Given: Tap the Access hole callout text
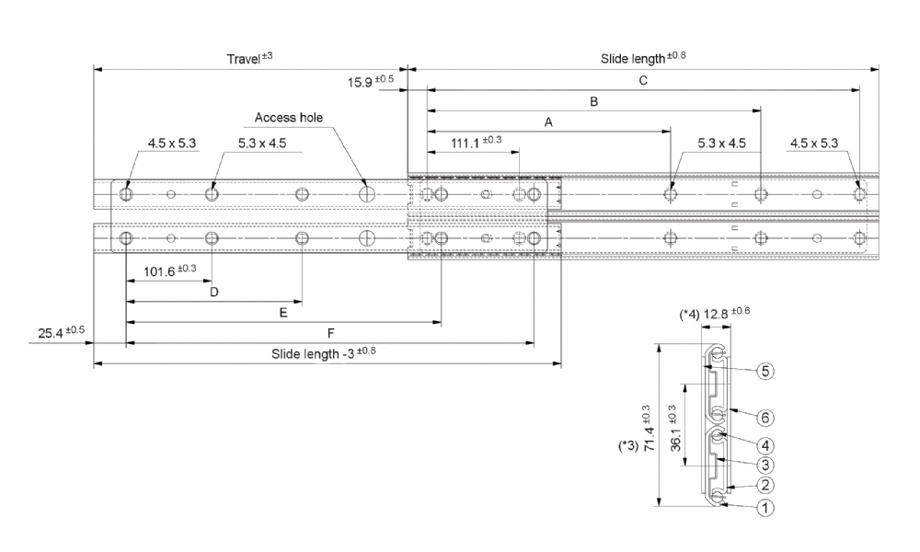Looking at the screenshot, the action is point(289,118).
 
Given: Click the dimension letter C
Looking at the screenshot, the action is point(643,80).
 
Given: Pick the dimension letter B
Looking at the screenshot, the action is point(593,101).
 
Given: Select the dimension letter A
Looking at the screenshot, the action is point(548,122).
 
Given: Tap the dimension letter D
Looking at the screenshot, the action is point(214,292).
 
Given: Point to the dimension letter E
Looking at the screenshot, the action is point(283,313).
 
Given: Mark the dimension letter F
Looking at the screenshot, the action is point(331,333).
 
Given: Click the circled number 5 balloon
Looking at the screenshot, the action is point(765,371).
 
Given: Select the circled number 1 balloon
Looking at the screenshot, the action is point(765,508).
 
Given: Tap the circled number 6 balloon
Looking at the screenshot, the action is point(765,418).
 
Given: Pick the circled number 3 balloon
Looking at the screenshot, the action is point(765,466).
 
